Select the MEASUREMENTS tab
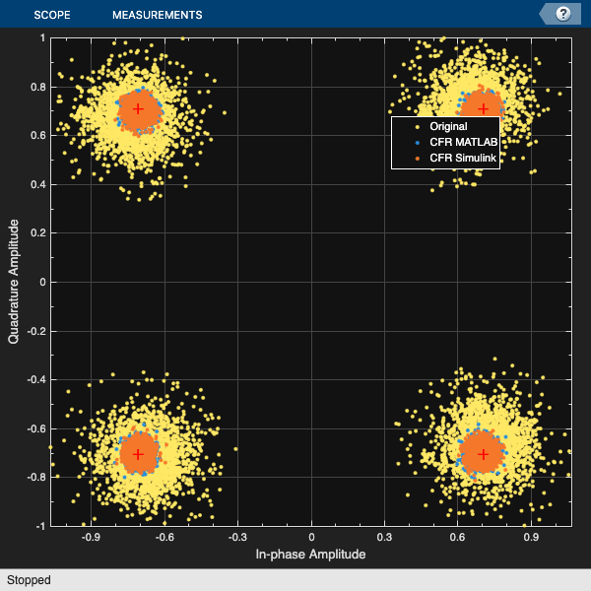tap(158, 15)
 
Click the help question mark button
tap(563, 14)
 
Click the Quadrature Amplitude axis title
tap(14, 282)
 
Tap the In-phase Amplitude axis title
tap(310, 555)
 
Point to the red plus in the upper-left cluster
tap(139, 108)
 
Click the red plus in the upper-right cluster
tap(483, 108)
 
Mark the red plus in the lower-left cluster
tap(139, 454)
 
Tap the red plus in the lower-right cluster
tap(483, 454)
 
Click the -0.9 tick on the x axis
tap(91, 537)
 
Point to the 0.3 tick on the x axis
tap(385, 537)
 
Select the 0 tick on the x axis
tap(311, 537)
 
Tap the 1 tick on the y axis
tap(42, 37)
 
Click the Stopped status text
tap(29, 580)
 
